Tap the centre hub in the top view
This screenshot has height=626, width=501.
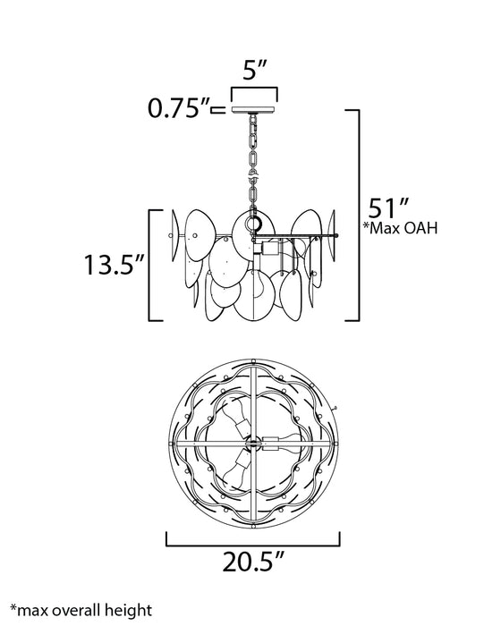254,440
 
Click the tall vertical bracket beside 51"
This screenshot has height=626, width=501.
358,215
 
